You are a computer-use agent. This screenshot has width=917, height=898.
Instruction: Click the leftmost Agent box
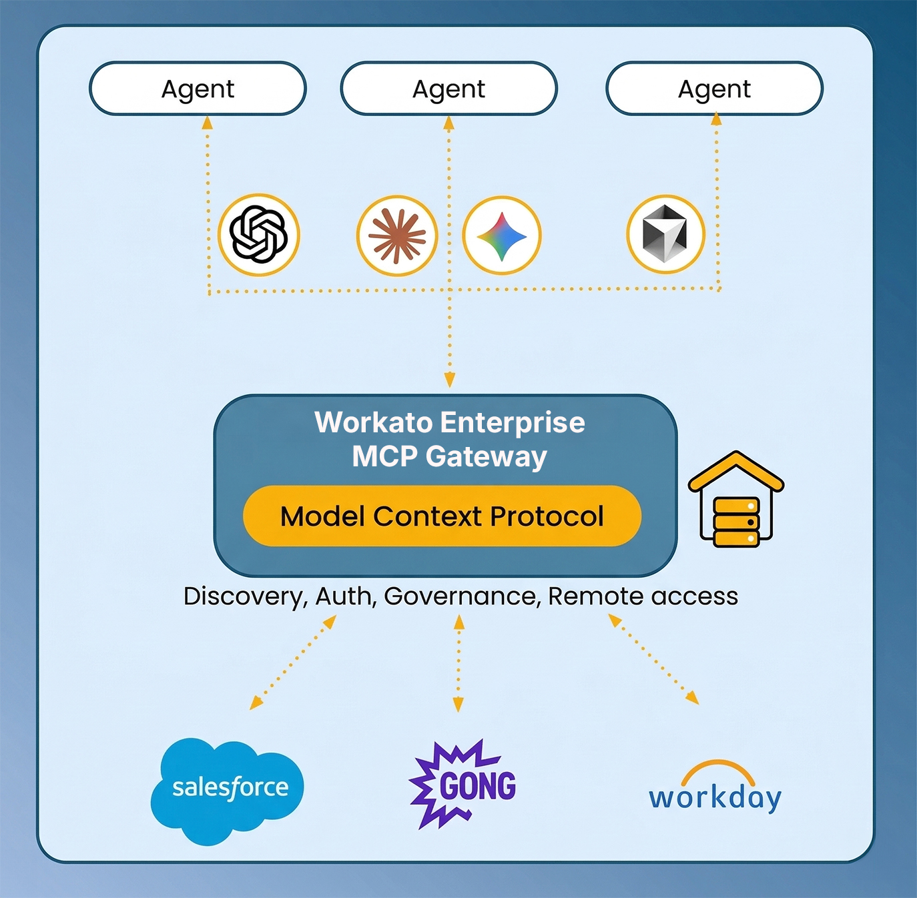pyautogui.click(x=198, y=89)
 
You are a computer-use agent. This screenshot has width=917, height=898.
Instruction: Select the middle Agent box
pyautogui.click(x=448, y=89)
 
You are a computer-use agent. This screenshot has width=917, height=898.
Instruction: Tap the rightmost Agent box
pyautogui.click(x=714, y=89)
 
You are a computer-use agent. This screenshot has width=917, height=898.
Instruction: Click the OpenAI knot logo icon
pyautogui.click(x=259, y=234)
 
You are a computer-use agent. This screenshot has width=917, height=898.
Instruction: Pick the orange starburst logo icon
pyautogui.click(x=397, y=236)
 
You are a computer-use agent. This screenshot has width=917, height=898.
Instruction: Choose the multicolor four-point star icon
pyautogui.click(x=502, y=236)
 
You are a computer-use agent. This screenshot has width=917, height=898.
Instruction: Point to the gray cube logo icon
pyautogui.click(x=665, y=234)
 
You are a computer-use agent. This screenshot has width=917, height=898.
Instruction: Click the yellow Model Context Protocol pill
pyautogui.click(x=442, y=516)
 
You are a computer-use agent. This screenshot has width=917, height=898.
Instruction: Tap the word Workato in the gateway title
pyautogui.click(x=373, y=422)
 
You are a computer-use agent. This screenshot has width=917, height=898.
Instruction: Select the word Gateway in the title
pyautogui.click(x=486, y=457)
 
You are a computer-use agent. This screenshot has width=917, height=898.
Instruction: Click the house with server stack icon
pyautogui.click(x=736, y=500)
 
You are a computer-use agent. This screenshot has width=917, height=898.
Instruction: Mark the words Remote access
pyautogui.click(x=643, y=596)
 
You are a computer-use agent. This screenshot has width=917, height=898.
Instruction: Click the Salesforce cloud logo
pyautogui.click(x=228, y=789)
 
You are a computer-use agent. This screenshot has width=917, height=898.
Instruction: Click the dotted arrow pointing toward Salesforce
pyautogui.click(x=292, y=662)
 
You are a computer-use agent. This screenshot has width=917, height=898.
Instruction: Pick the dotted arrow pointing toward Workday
pyautogui.click(x=654, y=660)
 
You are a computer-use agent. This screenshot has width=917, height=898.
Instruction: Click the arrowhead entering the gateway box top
pyautogui.click(x=450, y=380)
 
